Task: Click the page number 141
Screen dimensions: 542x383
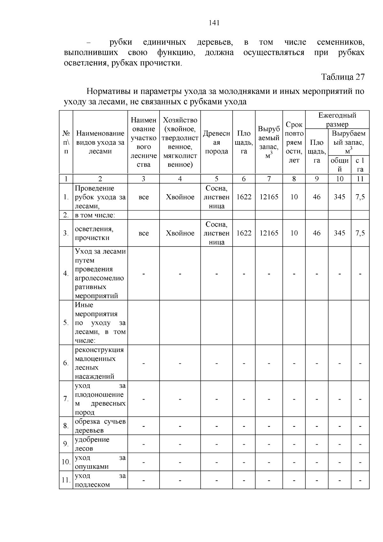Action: (214, 23)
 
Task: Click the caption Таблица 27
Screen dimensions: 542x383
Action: (343, 77)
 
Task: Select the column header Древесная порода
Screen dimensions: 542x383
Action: (216, 142)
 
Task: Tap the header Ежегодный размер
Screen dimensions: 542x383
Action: (337, 120)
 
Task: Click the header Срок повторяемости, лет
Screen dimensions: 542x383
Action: (294, 142)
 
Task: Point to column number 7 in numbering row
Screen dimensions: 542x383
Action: (269, 179)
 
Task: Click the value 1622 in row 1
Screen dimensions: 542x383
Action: (244, 197)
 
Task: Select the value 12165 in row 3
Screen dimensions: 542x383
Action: (269, 233)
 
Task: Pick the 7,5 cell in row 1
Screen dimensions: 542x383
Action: (360, 197)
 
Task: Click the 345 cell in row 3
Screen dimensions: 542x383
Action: (340, 233)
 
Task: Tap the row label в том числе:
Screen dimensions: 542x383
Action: (95, 215)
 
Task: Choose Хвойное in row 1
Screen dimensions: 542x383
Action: (180, 197)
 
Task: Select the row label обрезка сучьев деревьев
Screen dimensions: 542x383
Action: (100, 426)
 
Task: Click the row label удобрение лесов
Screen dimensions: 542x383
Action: (92, 444)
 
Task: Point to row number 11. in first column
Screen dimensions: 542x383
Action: (66, 480)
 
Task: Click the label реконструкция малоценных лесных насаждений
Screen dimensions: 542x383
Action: (99, 363)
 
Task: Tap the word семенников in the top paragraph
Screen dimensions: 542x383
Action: (341, 42)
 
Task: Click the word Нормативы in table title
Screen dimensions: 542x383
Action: (109, 92)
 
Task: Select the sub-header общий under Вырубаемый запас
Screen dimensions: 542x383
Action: (340, 165)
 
